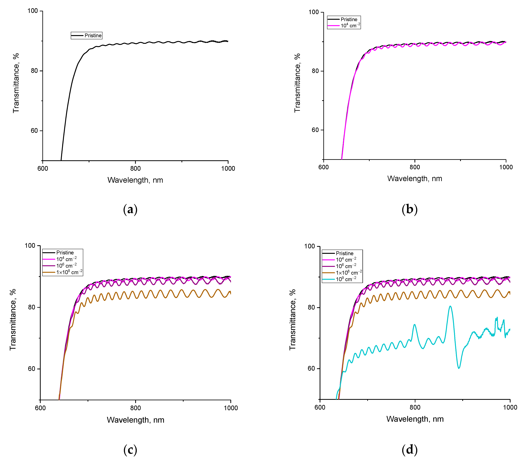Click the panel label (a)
tap(130, 209)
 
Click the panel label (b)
tap(409, 209)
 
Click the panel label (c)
tap(130, 450)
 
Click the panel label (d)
tap(409, 450)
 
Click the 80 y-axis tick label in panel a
tap(34, 71)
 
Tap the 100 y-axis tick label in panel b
tap(313, 12)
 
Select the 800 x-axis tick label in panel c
tap(135, 408)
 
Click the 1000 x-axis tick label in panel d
tap(510, 407)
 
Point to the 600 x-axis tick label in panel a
tap(43, 169)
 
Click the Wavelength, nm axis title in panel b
tap(415, 179)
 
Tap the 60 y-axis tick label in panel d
tap(311, 368)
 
